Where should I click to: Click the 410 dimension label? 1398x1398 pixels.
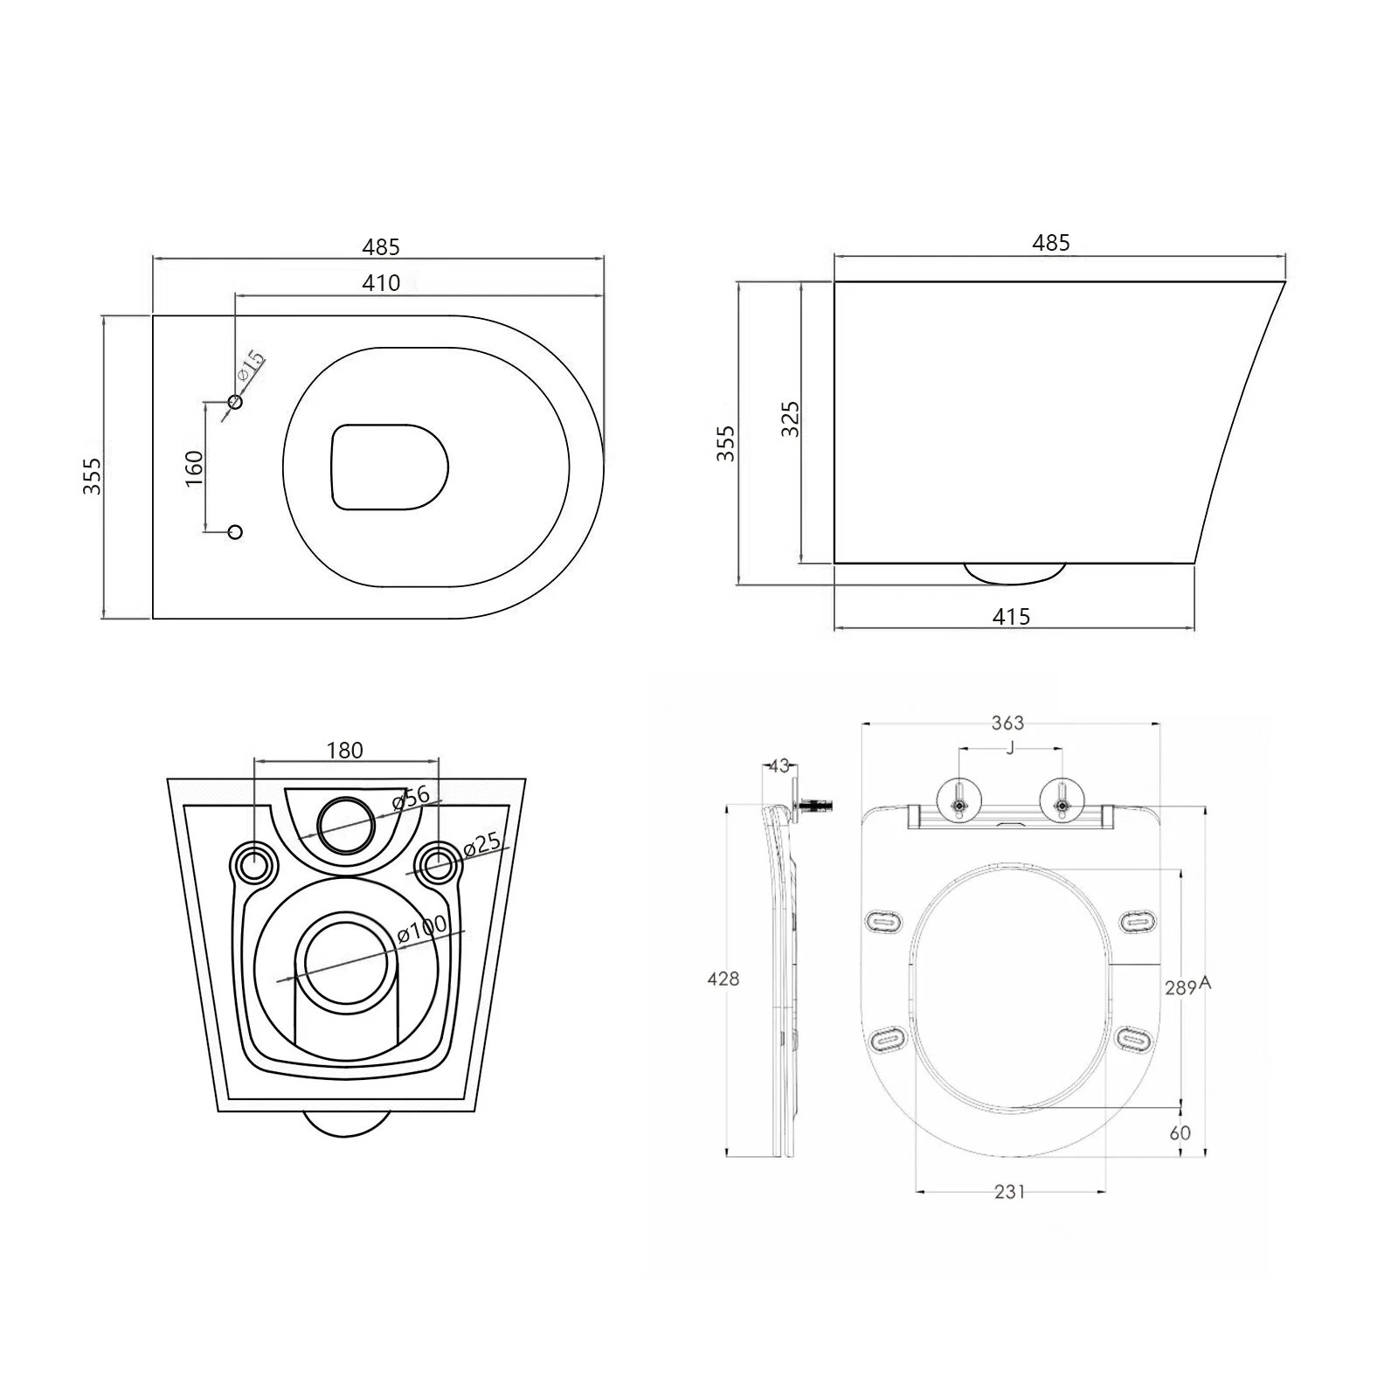coord(381,282)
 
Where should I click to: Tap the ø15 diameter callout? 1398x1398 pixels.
coord(251,365)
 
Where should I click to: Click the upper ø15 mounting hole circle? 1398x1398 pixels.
coord(234,402)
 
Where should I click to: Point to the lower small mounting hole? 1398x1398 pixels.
coord(234,531)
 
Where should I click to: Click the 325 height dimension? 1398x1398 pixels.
coord(790,420)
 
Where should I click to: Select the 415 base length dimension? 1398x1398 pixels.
coord(1011,616)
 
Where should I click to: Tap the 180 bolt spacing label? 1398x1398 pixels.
coord(344,750)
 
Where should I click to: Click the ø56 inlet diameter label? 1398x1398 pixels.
coord(411,797)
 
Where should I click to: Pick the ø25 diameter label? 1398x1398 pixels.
coord(481,846)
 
